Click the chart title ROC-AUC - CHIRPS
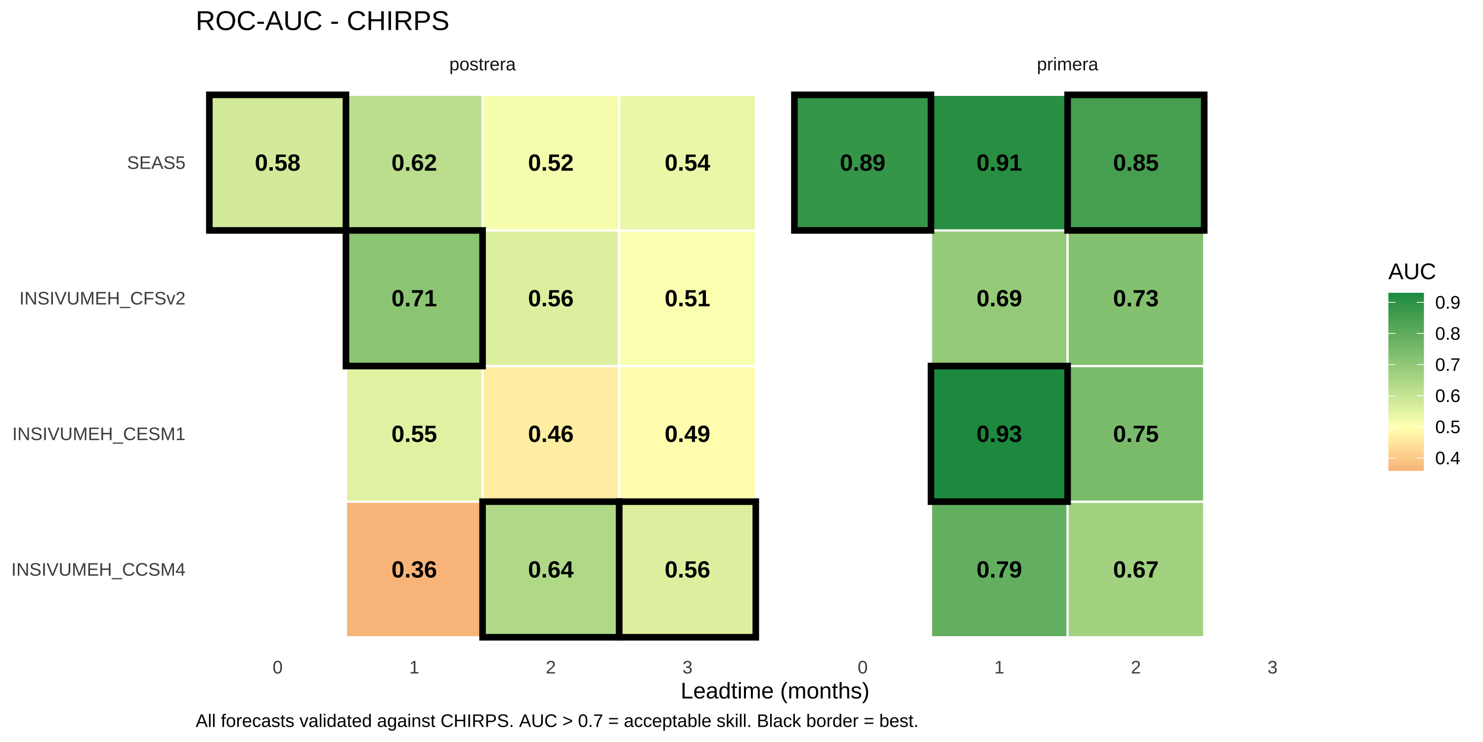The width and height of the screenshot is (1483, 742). click(322, 21)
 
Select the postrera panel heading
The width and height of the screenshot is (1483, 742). click(482, 64)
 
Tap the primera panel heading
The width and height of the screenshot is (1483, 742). click(1067, 64)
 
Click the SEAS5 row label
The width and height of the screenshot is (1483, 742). click(156, 163)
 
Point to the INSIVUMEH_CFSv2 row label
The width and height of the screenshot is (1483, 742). click(102, 298)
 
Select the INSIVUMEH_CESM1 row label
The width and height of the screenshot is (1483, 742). click(99, 434)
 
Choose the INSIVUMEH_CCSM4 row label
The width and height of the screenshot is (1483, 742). click(98, 570)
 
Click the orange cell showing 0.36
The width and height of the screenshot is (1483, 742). click(414, 569)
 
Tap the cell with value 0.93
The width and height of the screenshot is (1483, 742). click(999, 434)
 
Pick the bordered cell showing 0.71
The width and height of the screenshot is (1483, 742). click(414, 298)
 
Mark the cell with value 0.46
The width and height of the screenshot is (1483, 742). click(550, 434)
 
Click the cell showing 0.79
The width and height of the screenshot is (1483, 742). click(999, 569)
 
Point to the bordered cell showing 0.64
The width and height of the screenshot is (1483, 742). click(550, 569)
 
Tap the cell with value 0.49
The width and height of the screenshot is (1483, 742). click(687, 434)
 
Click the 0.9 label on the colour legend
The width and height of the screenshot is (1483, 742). click(1447, 302)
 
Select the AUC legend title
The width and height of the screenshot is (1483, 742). click(1412, 272)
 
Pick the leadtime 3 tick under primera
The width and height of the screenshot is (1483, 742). click(1272, 667)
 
